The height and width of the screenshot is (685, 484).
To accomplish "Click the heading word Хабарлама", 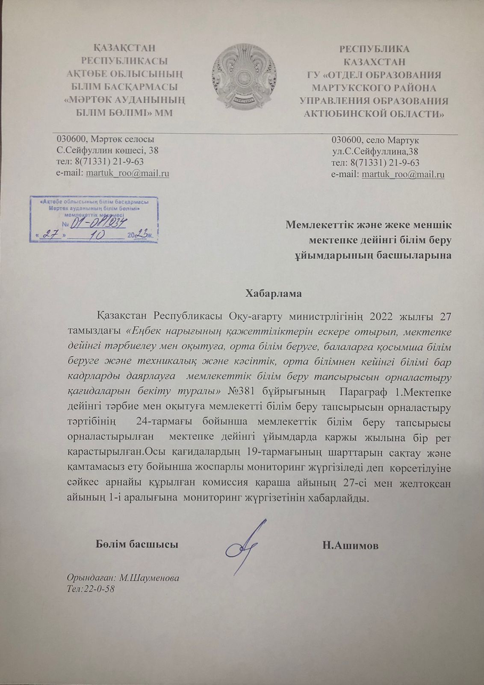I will point(274,294).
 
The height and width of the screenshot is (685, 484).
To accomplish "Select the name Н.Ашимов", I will point(351,545).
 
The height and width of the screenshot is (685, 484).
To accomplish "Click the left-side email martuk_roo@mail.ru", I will point(127,173).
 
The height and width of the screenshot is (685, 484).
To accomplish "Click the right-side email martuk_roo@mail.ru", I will point(403,174).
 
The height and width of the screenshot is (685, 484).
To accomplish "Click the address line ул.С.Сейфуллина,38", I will point(375,151).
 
